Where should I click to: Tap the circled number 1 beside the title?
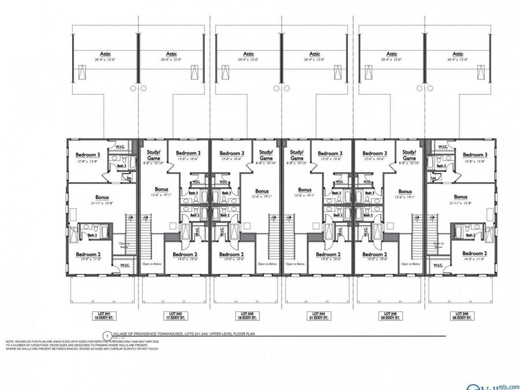tap(106, 335)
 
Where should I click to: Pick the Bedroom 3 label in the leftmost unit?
tap(88, 154)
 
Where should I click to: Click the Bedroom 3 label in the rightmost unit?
tap(474, 154)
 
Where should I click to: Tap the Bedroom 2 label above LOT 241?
tap(88, 254)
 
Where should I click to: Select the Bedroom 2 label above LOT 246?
tap(474, 254)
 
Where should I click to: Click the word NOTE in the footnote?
tap(10, 341)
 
